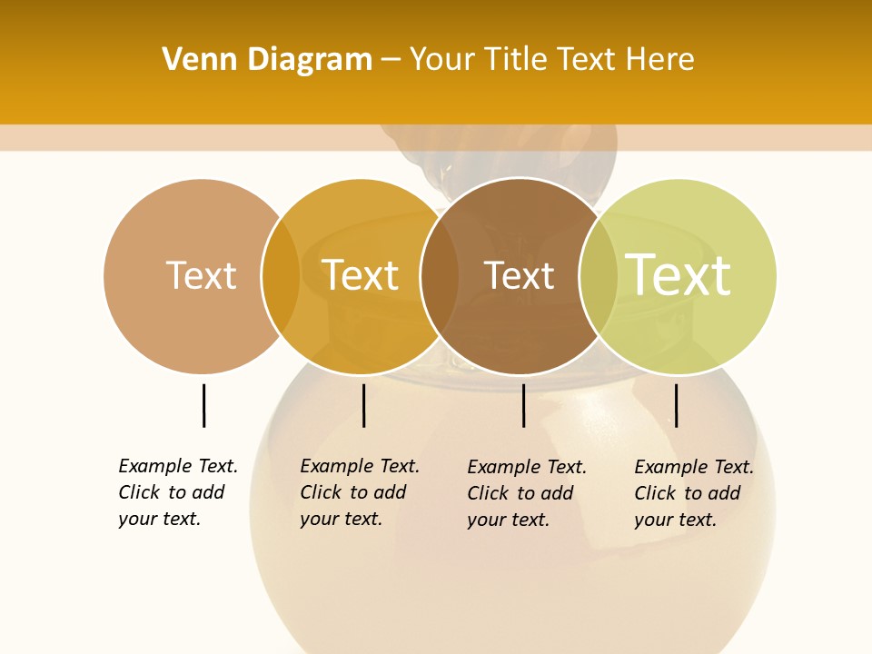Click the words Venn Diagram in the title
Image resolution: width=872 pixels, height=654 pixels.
coord(267,60)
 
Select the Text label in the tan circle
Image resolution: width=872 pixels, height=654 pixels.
coord(201,275)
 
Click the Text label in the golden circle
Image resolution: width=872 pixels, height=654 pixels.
coord(360,275)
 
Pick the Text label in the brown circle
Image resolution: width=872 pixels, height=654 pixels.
coord(519,275)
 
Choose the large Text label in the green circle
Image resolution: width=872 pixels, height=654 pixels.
coord(679,275)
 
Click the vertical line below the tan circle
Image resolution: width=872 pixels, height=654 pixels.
coord(203,405)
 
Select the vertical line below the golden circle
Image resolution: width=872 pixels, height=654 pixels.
coord(363,405)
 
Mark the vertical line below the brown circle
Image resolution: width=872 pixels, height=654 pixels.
coord(523,405)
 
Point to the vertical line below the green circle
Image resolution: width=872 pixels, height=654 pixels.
coord(676,405)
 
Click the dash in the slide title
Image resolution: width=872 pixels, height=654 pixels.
coord(391,61)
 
